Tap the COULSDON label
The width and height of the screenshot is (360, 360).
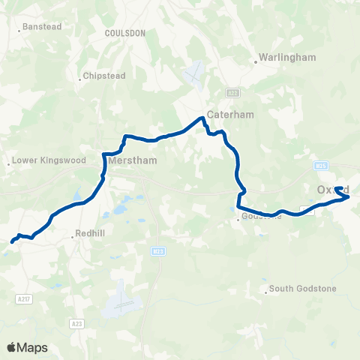point(124,33)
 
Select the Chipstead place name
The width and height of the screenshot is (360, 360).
point(101,76)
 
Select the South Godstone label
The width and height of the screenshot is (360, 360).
point(302,289)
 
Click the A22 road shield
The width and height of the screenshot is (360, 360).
point(233,92)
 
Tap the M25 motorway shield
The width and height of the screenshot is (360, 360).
point(322,165)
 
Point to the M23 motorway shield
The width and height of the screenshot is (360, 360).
point(156,250)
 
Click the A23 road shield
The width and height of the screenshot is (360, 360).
point(77,323)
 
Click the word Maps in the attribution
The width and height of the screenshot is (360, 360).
point(34,347)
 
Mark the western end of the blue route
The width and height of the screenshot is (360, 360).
point(12,241)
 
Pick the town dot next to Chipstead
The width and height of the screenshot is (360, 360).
point(79,77)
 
